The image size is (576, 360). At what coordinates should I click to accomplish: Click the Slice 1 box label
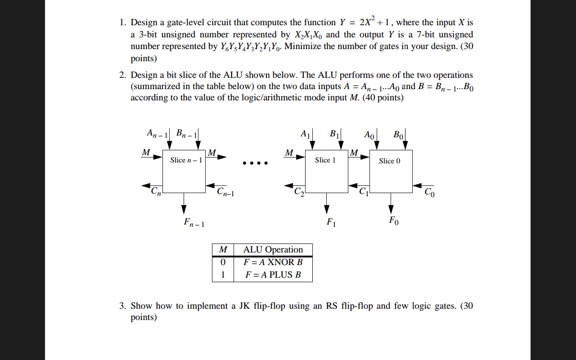[x=325, y=160]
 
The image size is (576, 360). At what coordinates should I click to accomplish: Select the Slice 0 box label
[x=390, y=161]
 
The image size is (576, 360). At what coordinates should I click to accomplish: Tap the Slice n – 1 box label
[x=186, y=160]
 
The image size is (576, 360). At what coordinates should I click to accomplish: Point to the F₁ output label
[x=331, y=222]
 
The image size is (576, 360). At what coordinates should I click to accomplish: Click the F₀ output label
[x=394, y=220]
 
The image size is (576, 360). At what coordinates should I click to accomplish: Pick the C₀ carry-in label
[x=430, y=192]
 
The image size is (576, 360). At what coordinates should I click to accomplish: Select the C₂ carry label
[x=299, y=192]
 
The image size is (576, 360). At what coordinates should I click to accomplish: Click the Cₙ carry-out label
[x=156, y=191]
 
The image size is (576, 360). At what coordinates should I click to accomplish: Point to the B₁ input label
[x=335, y=134]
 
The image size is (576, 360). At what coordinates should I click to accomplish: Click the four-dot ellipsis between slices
[x=255, y=163]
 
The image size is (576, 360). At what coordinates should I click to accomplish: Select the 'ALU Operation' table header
[x=273, y=250]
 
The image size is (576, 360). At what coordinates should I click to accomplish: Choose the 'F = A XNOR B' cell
[x=273, y=262]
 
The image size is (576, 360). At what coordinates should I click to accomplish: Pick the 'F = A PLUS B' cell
[x=273, y=275]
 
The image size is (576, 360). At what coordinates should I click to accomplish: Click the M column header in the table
[x=223, y=250]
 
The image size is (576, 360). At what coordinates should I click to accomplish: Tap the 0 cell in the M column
[x=223, y=262]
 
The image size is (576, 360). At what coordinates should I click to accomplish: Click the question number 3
[x=122, y=306]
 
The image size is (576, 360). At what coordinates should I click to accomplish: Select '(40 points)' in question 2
[x=383, y=98]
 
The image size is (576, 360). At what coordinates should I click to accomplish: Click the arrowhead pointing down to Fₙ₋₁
[x=184, y=209]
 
